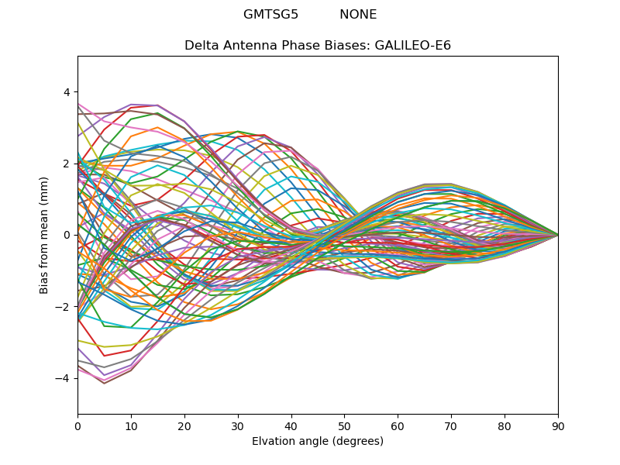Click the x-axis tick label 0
pos(77,425)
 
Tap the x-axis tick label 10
pos(131,425)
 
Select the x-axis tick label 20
pos(184,425)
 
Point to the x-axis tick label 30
pos(238,425)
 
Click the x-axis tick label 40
pos(291,425)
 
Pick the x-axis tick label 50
pos(344,425)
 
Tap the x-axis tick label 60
pos(398,425)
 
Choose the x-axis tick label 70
pos(451,425)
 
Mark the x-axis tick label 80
pos(505,425)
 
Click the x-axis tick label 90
pos(558,425)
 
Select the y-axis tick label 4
pos(67,92)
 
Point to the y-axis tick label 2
pos(67,164)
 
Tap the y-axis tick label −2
pos(64,307)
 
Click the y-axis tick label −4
pos(64,378)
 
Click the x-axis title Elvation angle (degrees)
pos(318,441)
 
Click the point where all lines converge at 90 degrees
pos(558,235)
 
